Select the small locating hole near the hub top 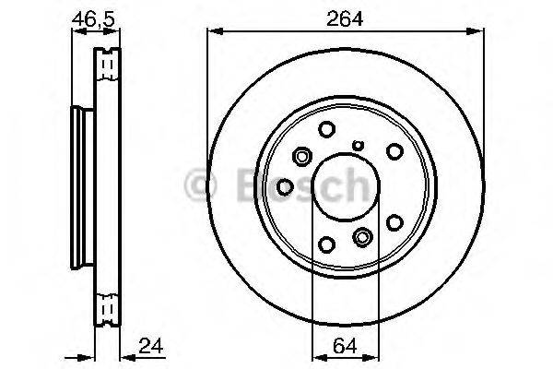(359, 144)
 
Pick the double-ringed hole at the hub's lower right (362, 238)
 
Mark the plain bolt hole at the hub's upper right (394, 149)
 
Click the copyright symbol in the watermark (199, 185)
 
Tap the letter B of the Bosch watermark (242, 184)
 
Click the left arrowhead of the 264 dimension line (213, 30)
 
